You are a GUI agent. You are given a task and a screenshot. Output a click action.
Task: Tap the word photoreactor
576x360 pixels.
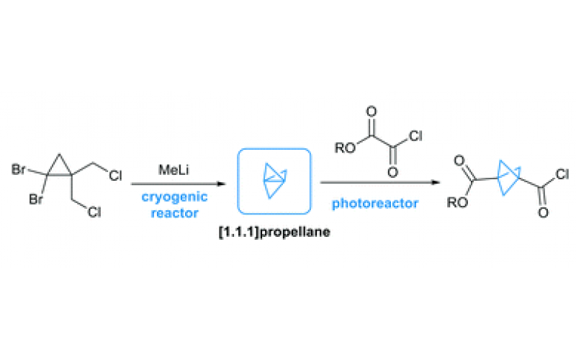point(374,203)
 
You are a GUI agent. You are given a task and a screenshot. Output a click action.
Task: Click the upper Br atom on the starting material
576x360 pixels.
point(18,171)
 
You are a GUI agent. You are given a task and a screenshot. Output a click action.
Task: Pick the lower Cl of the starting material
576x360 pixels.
point(94,213)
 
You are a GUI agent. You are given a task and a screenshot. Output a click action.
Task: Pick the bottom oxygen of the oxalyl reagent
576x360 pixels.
point(392,173)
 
